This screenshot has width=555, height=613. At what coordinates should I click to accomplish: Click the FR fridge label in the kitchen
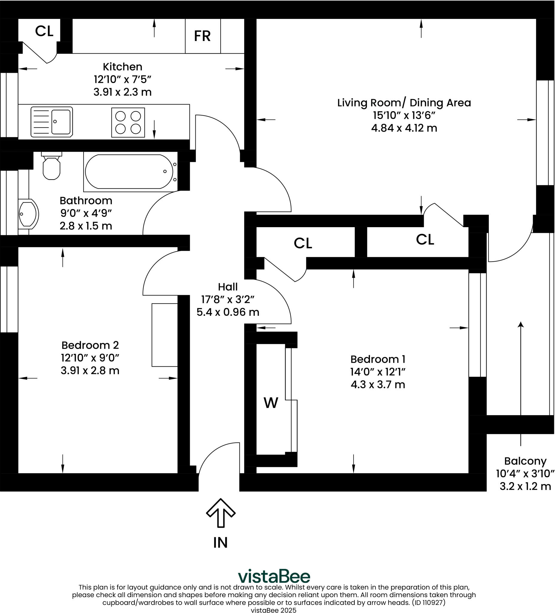pyautogui.click(x=202, y=36)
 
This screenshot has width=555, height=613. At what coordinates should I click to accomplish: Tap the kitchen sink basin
pyautogui.click(x=61, y=122)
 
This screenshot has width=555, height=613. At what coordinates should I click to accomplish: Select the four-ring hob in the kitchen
pyautogui.click(x=128, y=122)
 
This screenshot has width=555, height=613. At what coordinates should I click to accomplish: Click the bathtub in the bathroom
pyautogui.click(x=129, y=172)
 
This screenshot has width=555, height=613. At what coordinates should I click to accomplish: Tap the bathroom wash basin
pyautogui.click(x=28, y=214)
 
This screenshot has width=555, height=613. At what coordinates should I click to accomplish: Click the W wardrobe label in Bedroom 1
pyautogui.click(x=271, y=403)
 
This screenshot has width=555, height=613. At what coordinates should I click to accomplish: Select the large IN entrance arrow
pyautogui.click(x=221, y=513)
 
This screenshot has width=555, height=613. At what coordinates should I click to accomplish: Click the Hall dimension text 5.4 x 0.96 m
pyautogui.click(x=228, y=312)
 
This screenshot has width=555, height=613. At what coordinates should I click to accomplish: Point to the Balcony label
pyautogui.click(x=525, y=461)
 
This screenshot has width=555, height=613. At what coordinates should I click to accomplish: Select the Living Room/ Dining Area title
pyautogui.click(x=404, y=103)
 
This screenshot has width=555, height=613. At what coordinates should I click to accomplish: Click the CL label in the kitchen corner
pyautogui.click(x=44, y=31)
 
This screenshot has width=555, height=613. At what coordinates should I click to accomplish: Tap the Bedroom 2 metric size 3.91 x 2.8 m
pyautogui.click(x=90, y=370)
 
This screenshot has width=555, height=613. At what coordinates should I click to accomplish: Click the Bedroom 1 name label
pyautogui.click(x=378, y=359)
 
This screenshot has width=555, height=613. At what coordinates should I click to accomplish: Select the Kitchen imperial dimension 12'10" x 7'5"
pyautogui.click(x=122, y=79)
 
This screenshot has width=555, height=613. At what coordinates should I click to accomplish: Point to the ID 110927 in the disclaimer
pyautogui.click(x=429, y=602)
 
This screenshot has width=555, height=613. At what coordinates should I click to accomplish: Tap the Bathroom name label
pyautogui.click(x=86, y=201)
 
